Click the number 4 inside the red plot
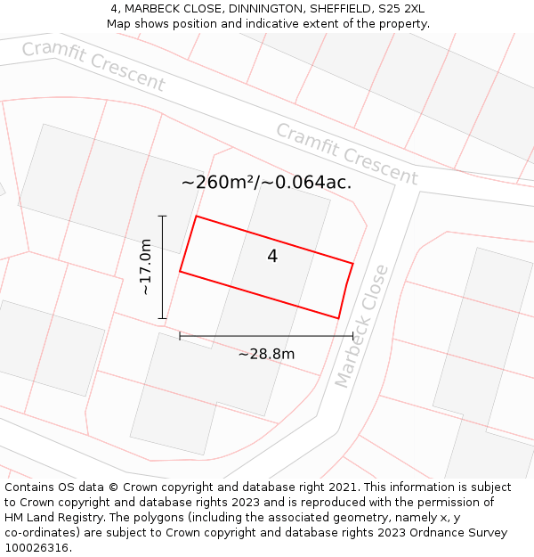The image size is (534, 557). (272, 257)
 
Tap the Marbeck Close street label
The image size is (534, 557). (362, 326)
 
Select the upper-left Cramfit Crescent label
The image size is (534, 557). (93, 66)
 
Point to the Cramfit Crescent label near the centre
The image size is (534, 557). (346, 154)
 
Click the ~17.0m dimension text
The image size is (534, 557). (146, 266)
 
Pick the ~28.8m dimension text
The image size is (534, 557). (266, 354)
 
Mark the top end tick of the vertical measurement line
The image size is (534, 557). (162, 216)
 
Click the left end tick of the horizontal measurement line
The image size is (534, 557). (180, 336)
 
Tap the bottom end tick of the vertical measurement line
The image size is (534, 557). (162, 318)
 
